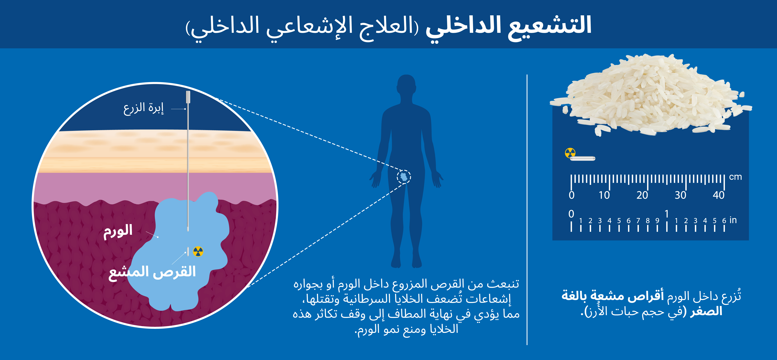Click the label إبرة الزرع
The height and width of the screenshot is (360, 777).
[144, 109]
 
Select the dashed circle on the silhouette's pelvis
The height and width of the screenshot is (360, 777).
[404, 177]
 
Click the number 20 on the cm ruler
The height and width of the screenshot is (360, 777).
[642, 195]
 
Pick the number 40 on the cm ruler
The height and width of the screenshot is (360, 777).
[719, 195]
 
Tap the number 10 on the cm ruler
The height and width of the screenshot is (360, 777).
[604, 195]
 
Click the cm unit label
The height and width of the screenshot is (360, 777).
[735, 177]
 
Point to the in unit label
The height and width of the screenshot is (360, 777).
[733, 220]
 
